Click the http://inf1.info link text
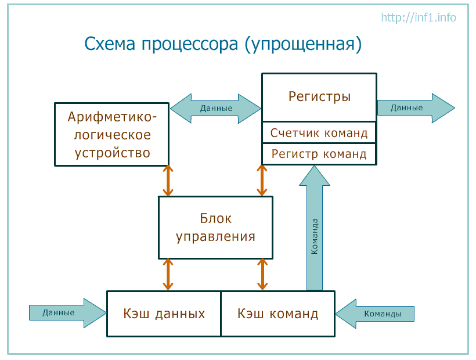(419, 17)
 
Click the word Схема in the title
(110, 44)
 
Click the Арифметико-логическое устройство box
(111, 135)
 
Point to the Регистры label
(319, 96)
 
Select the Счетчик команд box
(319, 132)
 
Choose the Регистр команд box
(319, 154)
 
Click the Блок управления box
(215, 228)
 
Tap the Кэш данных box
(164, 314)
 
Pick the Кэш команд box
(278, 314)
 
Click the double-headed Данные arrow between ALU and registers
(215, 109)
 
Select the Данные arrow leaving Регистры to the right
(416, 108)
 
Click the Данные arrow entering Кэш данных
(68, 313)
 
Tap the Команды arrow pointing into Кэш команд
(375, 314)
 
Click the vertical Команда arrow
(315, 228)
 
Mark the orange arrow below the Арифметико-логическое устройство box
(168, 181)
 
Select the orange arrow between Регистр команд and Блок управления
(262, 181)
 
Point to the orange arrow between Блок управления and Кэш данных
(168, 275)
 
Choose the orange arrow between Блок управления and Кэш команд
(262, 275)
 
